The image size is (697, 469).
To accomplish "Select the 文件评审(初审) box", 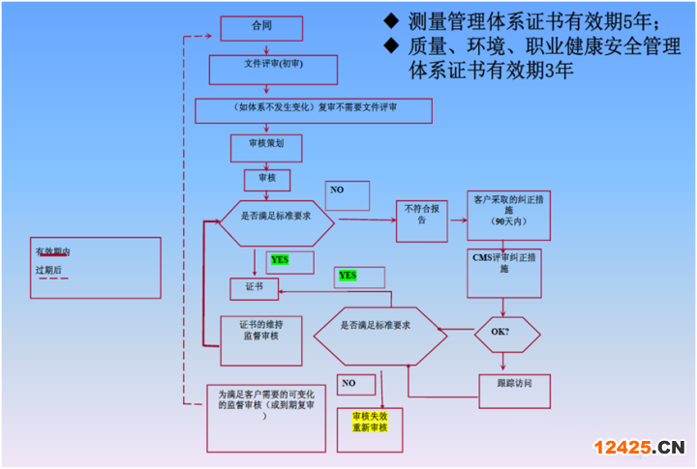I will (273, 70).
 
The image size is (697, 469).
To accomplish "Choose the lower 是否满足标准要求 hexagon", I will (379, 334).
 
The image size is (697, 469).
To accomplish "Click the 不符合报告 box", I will (422, 220).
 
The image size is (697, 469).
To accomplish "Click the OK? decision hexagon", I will (506, 334).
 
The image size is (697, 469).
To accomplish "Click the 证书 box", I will (253, 288).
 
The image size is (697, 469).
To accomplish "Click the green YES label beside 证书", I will (279, 260).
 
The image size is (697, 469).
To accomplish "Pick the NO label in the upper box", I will (337, 191).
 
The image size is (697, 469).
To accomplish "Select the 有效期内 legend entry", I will (52, 252).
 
